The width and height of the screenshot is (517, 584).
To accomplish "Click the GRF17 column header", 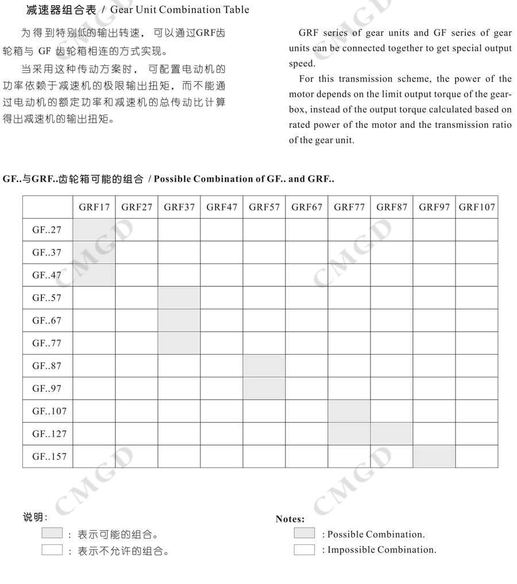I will click(94, 207).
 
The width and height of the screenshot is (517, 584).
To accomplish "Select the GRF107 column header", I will click(477, 207).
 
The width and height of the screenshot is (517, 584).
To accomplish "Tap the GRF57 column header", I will click(264, 207).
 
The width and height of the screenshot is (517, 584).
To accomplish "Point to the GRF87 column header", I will click(392, 207).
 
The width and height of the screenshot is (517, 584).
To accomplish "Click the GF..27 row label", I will click(47, 230).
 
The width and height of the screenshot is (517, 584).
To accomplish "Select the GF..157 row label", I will click(49, 457).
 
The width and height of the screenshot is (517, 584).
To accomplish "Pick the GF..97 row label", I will click(47, 388).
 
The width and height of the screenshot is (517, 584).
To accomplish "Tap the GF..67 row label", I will click(47, 321).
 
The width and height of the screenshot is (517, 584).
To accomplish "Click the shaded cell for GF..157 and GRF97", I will click(434, 457).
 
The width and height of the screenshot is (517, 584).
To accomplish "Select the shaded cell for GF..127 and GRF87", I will click(392, 434).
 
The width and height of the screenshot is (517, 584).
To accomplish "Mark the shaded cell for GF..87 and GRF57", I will click(264, 365).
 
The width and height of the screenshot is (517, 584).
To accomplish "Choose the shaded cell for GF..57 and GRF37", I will click(179, 298).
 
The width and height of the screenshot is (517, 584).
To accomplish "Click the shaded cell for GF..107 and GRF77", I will click(349, 411).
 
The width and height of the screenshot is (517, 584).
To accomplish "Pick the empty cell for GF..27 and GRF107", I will click(477, 230).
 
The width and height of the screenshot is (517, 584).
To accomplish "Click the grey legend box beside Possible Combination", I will click(304, 534).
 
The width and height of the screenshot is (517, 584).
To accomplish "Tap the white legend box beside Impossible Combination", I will click(304, 550).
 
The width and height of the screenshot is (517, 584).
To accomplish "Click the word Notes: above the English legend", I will click(290, 519).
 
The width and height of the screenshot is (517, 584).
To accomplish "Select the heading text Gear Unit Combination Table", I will click(180, 9).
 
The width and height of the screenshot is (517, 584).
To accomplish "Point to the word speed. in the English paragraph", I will click(302, 64).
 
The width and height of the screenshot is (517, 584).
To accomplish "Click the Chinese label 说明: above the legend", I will click(35, 517).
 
